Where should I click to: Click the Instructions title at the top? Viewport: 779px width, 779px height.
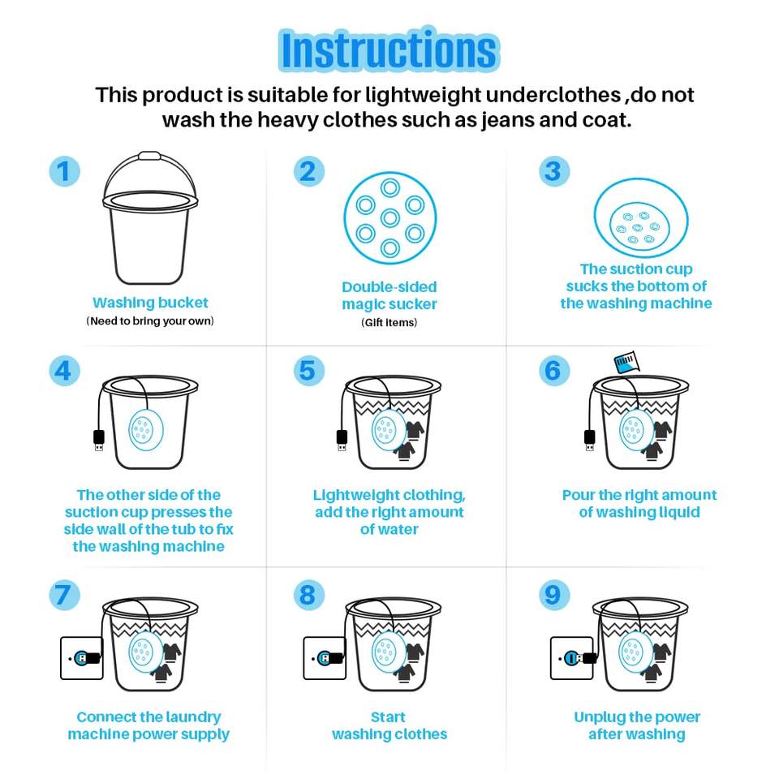(x=389, y=49)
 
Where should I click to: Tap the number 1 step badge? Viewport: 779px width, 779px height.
(x=65, y=171)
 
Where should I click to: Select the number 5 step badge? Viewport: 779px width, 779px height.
(x=308, y=371)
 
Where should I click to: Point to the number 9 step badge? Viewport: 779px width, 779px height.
(x=553, y=595)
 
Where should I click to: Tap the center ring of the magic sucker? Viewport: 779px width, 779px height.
(x=390, y=217)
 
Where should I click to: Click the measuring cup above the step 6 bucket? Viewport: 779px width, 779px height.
(x=626, y=362)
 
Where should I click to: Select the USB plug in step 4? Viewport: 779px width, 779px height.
(x=99, y=440)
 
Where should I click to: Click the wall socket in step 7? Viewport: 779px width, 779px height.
(x=81, y=658)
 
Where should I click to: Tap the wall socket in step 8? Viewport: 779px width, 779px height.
(x=325, y=658)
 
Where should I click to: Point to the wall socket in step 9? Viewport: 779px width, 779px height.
(x=572, y=658)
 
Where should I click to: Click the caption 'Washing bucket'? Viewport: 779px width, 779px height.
(x=150, y=303)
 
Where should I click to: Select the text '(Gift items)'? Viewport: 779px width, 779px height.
(x=389, y=322)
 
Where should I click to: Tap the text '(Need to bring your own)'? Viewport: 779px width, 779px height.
(x=150, y=321)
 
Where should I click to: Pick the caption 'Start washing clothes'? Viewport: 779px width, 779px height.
(x=389, y=725)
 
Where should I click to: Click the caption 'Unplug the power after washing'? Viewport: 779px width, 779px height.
(x=637, y=725)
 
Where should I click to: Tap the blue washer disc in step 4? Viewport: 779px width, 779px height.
(x=146, y=430)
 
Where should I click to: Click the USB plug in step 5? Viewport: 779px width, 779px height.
(x=342, y=440)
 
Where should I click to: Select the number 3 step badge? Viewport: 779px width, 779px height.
(x=554, y=171)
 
